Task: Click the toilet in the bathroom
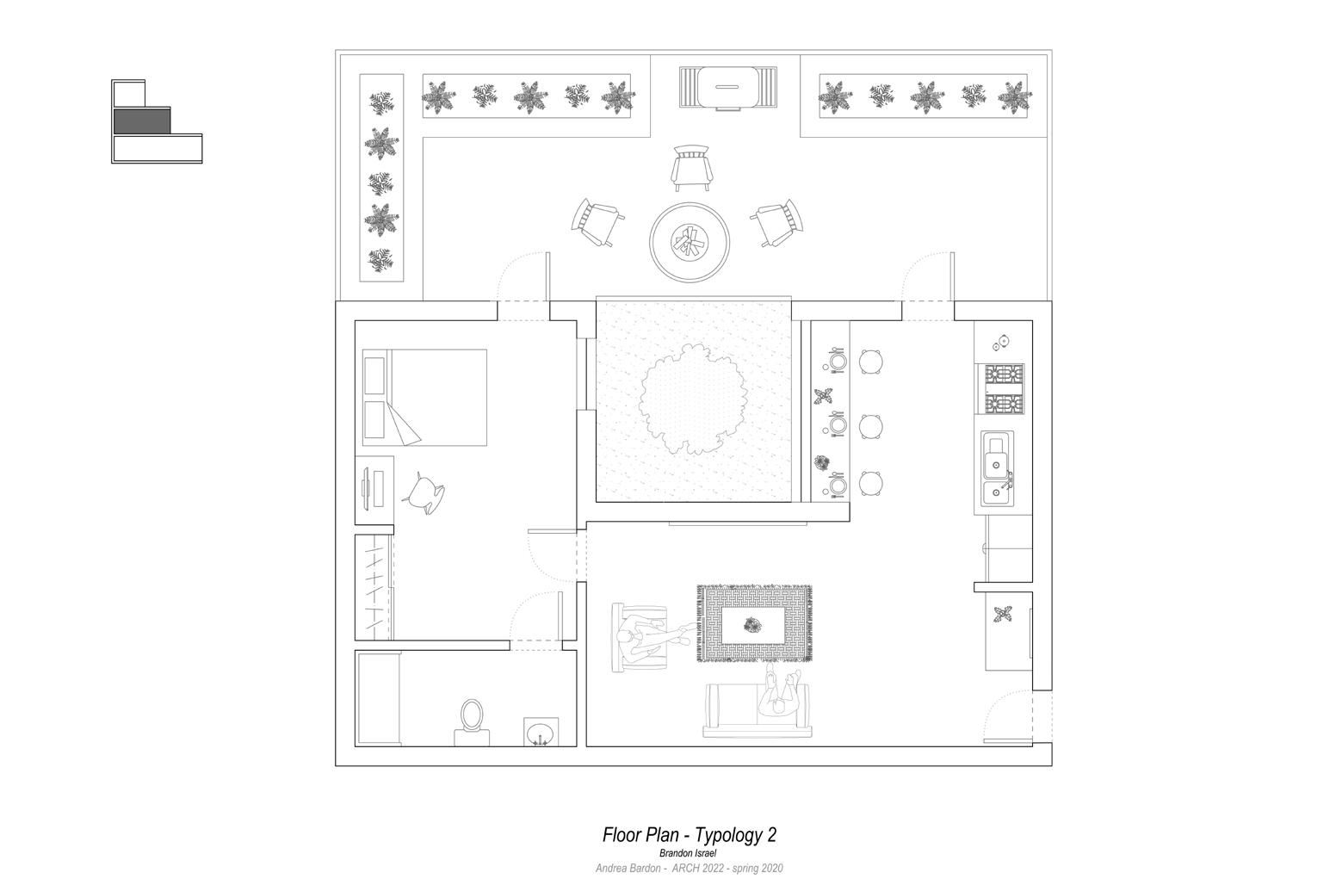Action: click(471, 719)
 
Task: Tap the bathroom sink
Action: click(540, 733)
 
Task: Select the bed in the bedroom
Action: click(425, 397)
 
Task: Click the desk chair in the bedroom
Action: click(424, 493)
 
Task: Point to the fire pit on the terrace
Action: click(690, 241)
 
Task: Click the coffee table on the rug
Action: click(753, 625)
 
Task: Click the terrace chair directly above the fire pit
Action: click(692, 167)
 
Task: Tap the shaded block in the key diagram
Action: click(142, 121)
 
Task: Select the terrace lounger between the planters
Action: click(728, 88)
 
